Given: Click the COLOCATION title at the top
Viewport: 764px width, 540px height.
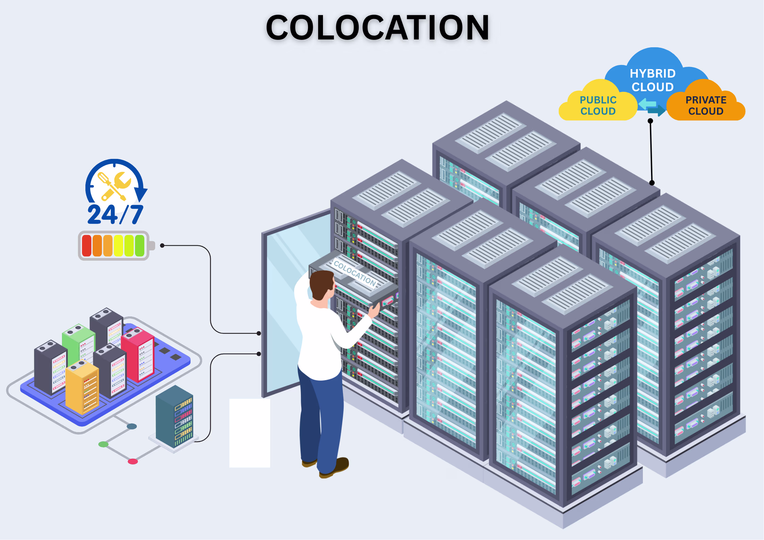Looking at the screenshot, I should click(x=377, y=28).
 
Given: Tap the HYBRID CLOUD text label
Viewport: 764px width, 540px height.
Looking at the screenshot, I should click(x=652, y=80).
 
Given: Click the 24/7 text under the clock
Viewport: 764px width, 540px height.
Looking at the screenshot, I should click(x=115, y=214).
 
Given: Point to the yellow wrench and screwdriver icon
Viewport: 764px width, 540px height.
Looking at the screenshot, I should click(x=114, y=185).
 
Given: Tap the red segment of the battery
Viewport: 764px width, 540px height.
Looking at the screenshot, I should click(x=87, y=245).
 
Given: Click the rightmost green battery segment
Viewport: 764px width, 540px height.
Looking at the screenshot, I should click(x=140, y=245).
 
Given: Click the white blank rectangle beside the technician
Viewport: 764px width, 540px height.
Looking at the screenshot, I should click(x=250, y=433).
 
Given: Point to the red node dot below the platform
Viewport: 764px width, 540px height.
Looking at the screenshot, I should click(x=133, y=461).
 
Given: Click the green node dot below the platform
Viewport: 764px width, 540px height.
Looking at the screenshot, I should click(x=103, y=444).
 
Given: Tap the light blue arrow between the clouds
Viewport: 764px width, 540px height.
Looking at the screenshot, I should click(x=647, y=103).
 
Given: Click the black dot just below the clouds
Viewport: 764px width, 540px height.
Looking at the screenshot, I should click(x=650, y=121).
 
